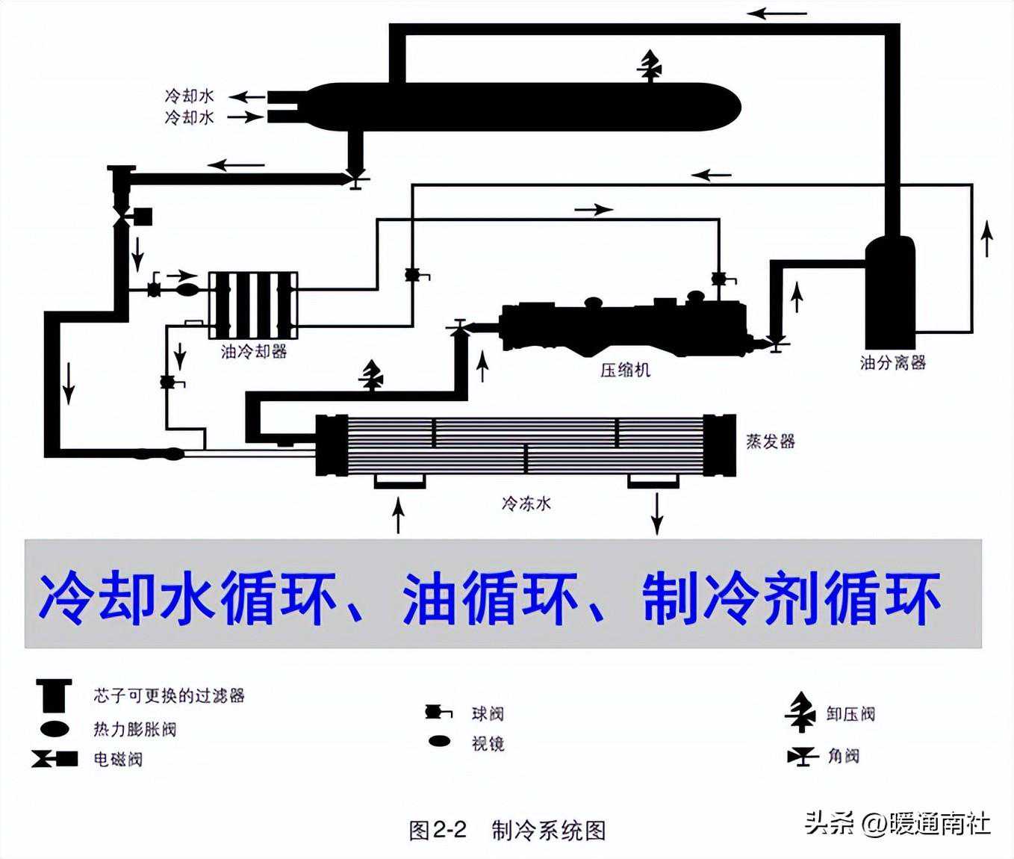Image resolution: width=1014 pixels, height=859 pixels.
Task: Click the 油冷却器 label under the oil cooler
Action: (x=254, y=351)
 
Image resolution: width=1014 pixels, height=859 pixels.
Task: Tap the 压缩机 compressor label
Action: (x=625, y=369)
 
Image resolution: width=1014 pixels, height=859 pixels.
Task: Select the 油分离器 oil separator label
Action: (x=892, y=362)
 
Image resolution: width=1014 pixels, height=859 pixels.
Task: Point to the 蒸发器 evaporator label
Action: (x=771, y=441)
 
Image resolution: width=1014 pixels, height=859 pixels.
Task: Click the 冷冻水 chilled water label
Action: (x=526, y=503)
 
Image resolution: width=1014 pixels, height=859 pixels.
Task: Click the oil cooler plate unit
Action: (x=252, y=306)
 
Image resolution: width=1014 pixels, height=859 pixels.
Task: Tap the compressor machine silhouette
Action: (x=623, y=324)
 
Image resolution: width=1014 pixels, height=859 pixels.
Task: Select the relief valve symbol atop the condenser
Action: (x=650, y=65)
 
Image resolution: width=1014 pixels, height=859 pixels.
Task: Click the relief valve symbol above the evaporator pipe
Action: (x=371, y=374)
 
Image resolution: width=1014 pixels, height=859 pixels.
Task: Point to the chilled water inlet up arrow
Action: (x=399, y=515)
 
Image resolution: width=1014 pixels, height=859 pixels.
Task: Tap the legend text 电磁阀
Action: (x=118, y=760)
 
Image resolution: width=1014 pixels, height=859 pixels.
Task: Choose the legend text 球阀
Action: (x=488, y=713)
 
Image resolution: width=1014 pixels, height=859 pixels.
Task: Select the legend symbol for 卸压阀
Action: (x=800, y=712)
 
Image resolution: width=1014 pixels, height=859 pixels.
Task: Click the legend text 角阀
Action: (x=843, y=756)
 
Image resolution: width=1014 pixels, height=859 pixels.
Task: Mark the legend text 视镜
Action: (x=488, y=743)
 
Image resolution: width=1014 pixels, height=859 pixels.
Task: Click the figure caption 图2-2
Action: (x=438, y=829)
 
